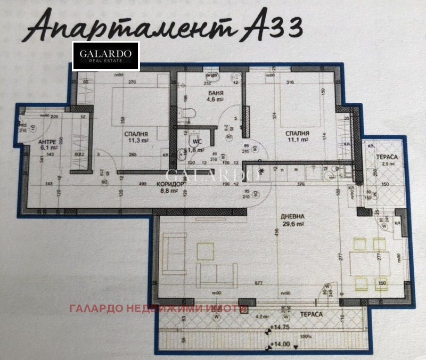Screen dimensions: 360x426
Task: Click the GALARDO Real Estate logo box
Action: [105, 56]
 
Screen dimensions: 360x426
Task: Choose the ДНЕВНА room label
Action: [294, 217]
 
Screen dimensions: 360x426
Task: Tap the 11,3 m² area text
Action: [137, 142]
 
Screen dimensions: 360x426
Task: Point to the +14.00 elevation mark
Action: [280, 344]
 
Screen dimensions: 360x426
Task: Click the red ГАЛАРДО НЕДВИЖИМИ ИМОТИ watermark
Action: [157, 309]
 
